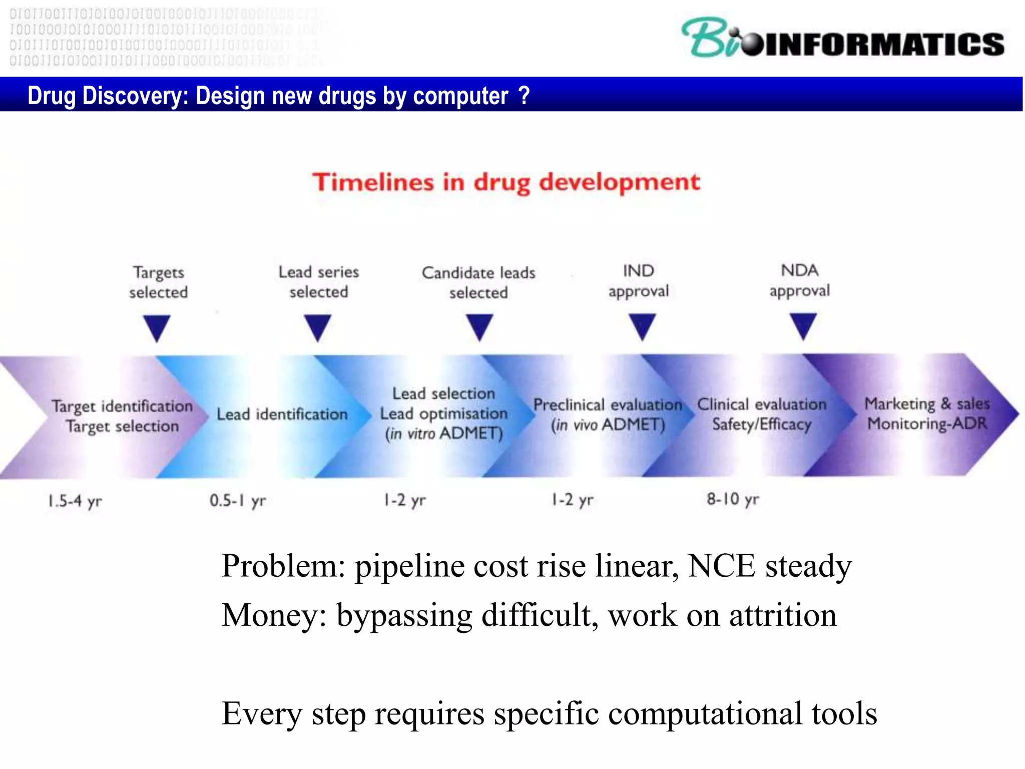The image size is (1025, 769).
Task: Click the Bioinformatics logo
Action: pos(843,39)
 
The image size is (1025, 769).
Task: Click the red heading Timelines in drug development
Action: pos(506,182)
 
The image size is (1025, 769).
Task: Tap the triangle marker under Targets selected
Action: pos(157,327)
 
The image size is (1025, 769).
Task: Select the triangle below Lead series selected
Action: pos(318,327)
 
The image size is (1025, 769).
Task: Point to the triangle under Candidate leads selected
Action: pos(479,326)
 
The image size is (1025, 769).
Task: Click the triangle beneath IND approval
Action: pos(642,326)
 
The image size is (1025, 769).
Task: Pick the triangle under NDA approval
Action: pos(803,325)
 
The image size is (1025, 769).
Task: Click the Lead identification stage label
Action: pos(282,415)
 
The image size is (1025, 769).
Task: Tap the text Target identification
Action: pos(122,406)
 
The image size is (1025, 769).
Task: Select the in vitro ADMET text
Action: pos(444,434)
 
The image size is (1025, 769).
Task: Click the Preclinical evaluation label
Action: pos(607,405)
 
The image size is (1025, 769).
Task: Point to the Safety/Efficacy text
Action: pos(761,425)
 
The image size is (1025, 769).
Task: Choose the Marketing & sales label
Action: pos(927,404)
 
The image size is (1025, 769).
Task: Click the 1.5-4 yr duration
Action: pos(75,501)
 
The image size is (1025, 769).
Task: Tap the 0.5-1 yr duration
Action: pos(238,500)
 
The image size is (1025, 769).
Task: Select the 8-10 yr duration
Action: pos(733,499)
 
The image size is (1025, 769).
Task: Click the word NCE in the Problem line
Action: pos(721,566)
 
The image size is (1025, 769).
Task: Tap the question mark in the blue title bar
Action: pos(524,95)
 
